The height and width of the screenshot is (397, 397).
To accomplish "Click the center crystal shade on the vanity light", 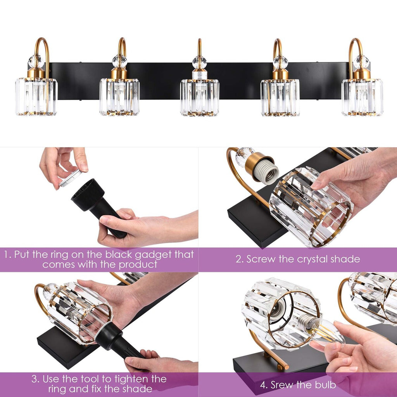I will pyautogui.click(x=199, y=97).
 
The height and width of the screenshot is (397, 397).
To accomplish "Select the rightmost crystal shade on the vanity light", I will pyautogui.click(x=362, y=97).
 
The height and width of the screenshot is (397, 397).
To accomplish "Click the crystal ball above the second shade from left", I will pyautogui.click(x=119, y=61).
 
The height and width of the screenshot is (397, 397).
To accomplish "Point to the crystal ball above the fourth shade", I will pyautogui.click(x=280, y=62).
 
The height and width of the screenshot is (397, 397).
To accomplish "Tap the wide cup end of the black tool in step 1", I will pyautogui.click(x=88, y=194).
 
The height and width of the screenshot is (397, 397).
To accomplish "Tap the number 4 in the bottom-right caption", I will pyautogui.click(x=263, y=385).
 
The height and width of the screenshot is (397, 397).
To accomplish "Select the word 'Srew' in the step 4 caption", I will pyautogui.click(x=283, y=385).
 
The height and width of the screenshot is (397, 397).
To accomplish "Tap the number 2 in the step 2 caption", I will pyautogui.click(x=238, y=259).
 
